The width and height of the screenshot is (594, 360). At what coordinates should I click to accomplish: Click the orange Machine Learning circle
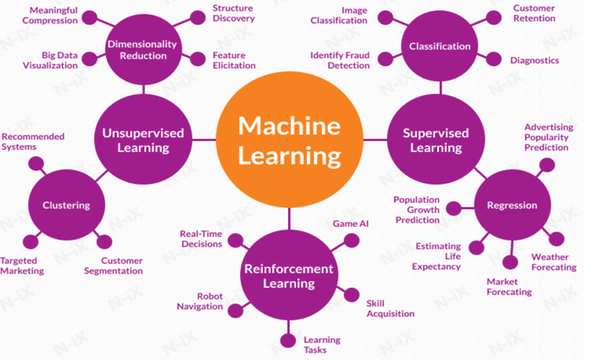[x=289, y=140]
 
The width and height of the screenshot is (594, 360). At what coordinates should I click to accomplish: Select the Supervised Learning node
[x=435, y=140]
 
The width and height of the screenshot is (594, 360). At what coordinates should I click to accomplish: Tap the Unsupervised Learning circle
[x=143, y=140]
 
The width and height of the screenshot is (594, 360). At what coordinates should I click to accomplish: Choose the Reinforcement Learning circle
[x=289, y=276]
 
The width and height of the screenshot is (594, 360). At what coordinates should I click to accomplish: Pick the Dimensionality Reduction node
[x=142, y=50]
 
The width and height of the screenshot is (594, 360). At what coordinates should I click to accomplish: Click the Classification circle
[x=439, y=46]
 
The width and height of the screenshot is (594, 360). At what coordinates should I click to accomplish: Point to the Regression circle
[x=512, y=205]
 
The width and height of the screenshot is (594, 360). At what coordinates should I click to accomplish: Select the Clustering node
[x=66, y=205]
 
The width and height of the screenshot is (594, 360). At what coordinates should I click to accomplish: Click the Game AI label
[x=351, y=224]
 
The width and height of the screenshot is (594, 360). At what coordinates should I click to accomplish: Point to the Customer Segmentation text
[x=113, y=265]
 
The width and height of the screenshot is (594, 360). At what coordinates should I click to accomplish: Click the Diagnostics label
[x=534, y=61]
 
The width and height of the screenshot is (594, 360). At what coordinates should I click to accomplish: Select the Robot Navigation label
[x=200, y=301]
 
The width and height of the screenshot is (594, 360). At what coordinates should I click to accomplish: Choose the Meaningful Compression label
[x=50, y=15]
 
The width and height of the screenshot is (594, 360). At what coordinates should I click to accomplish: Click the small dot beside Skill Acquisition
[x=352, y=295]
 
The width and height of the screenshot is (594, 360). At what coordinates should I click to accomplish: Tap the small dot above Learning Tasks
[x=288, y=340]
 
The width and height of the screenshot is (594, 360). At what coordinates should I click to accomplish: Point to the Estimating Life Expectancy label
[x=437, y=256]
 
